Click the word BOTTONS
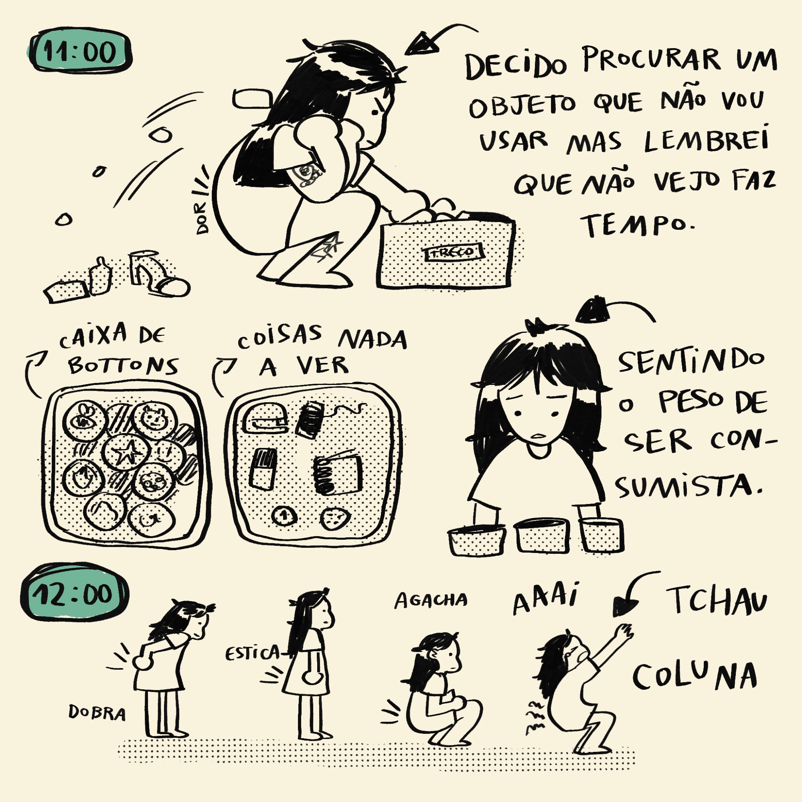click(x=123, y=366)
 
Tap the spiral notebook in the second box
click(x=338, y=475)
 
